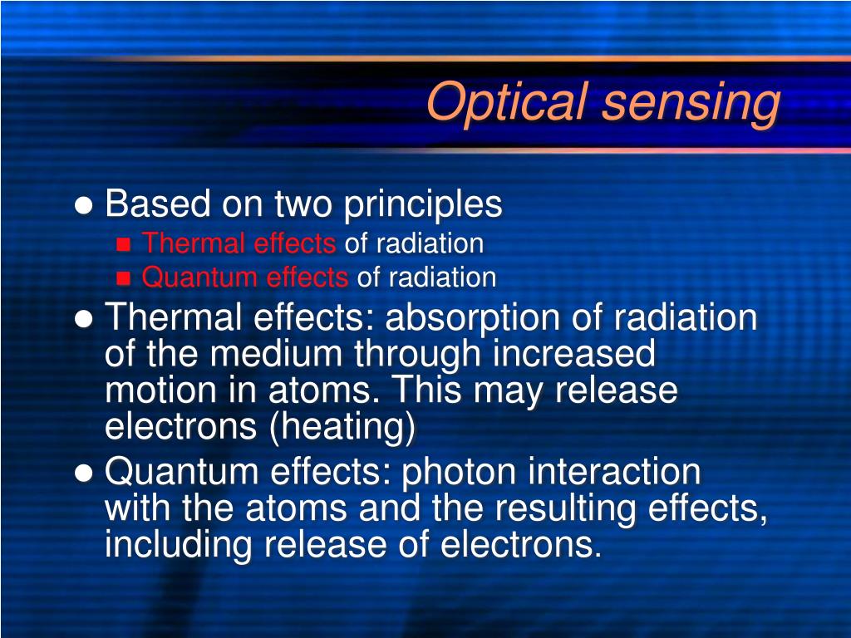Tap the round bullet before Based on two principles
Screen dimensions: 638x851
click(83, 205)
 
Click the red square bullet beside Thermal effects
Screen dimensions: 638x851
click(124, 244)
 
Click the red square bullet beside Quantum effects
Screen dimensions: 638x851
click(124, 277)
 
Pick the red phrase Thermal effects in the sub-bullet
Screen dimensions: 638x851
click(239, 243)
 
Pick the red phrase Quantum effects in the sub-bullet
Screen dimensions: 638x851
click(245, 277)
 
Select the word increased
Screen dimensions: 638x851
click(573, 355)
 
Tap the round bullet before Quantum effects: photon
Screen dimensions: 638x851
click(83, 474)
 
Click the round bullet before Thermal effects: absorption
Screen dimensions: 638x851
click(83, 319)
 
